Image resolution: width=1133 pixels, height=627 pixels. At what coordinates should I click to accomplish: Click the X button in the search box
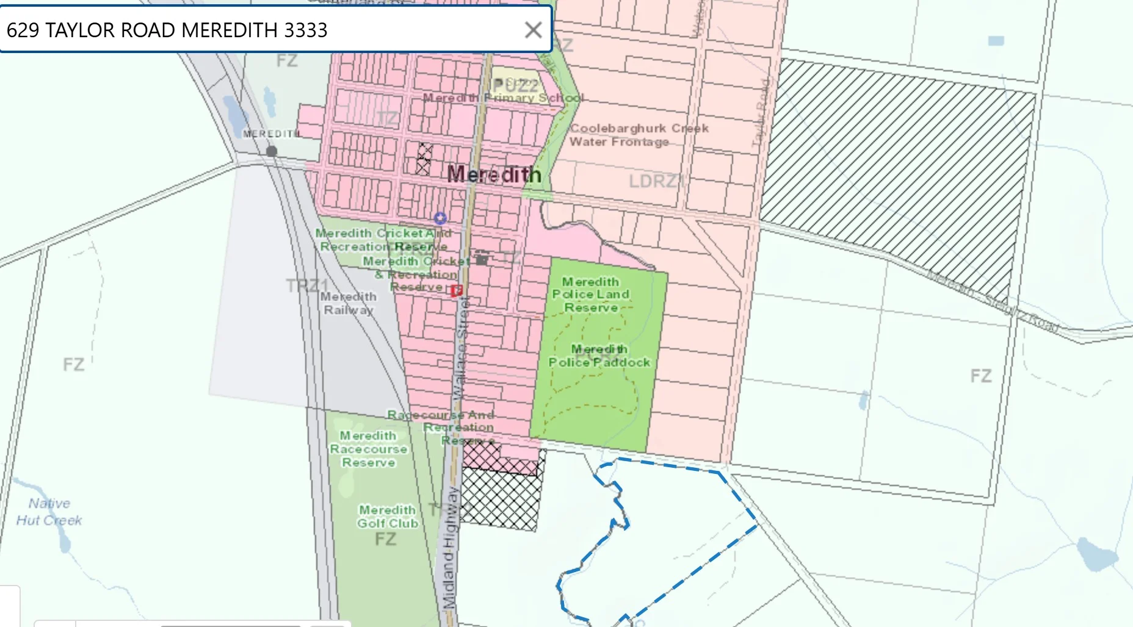pyautogui.click(x=533, y=30)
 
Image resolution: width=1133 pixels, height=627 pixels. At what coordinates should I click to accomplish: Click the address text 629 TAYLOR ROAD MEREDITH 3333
pyautogui.click(x=167, y=30)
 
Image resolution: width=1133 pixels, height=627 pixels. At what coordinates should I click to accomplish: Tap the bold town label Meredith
pyautogui.click(x=494, y=175)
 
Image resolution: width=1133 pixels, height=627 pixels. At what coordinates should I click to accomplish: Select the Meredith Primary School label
pyautogui.click(x=503, y=98)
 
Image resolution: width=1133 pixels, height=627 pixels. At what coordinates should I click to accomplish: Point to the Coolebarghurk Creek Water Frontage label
pyautogui.click(x=639, y=135)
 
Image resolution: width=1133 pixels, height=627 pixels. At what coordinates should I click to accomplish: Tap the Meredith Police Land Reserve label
pyautogui.click(x=590, y=295)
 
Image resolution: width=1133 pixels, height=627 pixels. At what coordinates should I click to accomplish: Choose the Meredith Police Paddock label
pyautogui.click(x=599, y=356)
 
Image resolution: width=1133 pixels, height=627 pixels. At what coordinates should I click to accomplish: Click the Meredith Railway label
pyautogui.click(x=349, y=303)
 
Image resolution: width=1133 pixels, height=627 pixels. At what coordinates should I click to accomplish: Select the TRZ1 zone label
pyautogui.click(x=307, y=285)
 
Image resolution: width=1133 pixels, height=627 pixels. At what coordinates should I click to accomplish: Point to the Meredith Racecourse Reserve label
pyautogui.click(x=368, y=449)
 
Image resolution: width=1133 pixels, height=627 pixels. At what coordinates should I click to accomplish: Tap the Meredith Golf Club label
pyautogui.click(x=388, y=517)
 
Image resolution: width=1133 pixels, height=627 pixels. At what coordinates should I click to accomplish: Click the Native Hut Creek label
pyautogui.click(x=49, y=512)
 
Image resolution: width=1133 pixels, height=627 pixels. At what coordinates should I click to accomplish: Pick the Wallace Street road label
pyautogui.click(x=462, y=348)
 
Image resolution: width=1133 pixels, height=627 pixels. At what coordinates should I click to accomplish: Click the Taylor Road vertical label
pyautogui.click(x=760, y=113)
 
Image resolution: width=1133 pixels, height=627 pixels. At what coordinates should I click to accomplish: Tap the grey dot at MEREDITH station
pyautogui.click(x=272, y=151)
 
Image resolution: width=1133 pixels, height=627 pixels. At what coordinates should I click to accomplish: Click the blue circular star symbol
pyautogui.click(x=440, y=218)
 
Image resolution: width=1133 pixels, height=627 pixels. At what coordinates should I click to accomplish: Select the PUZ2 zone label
pyautogui.click(x=516, y=85)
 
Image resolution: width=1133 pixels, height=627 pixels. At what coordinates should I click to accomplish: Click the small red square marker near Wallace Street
pyautogui.click(x=457, y=291)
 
